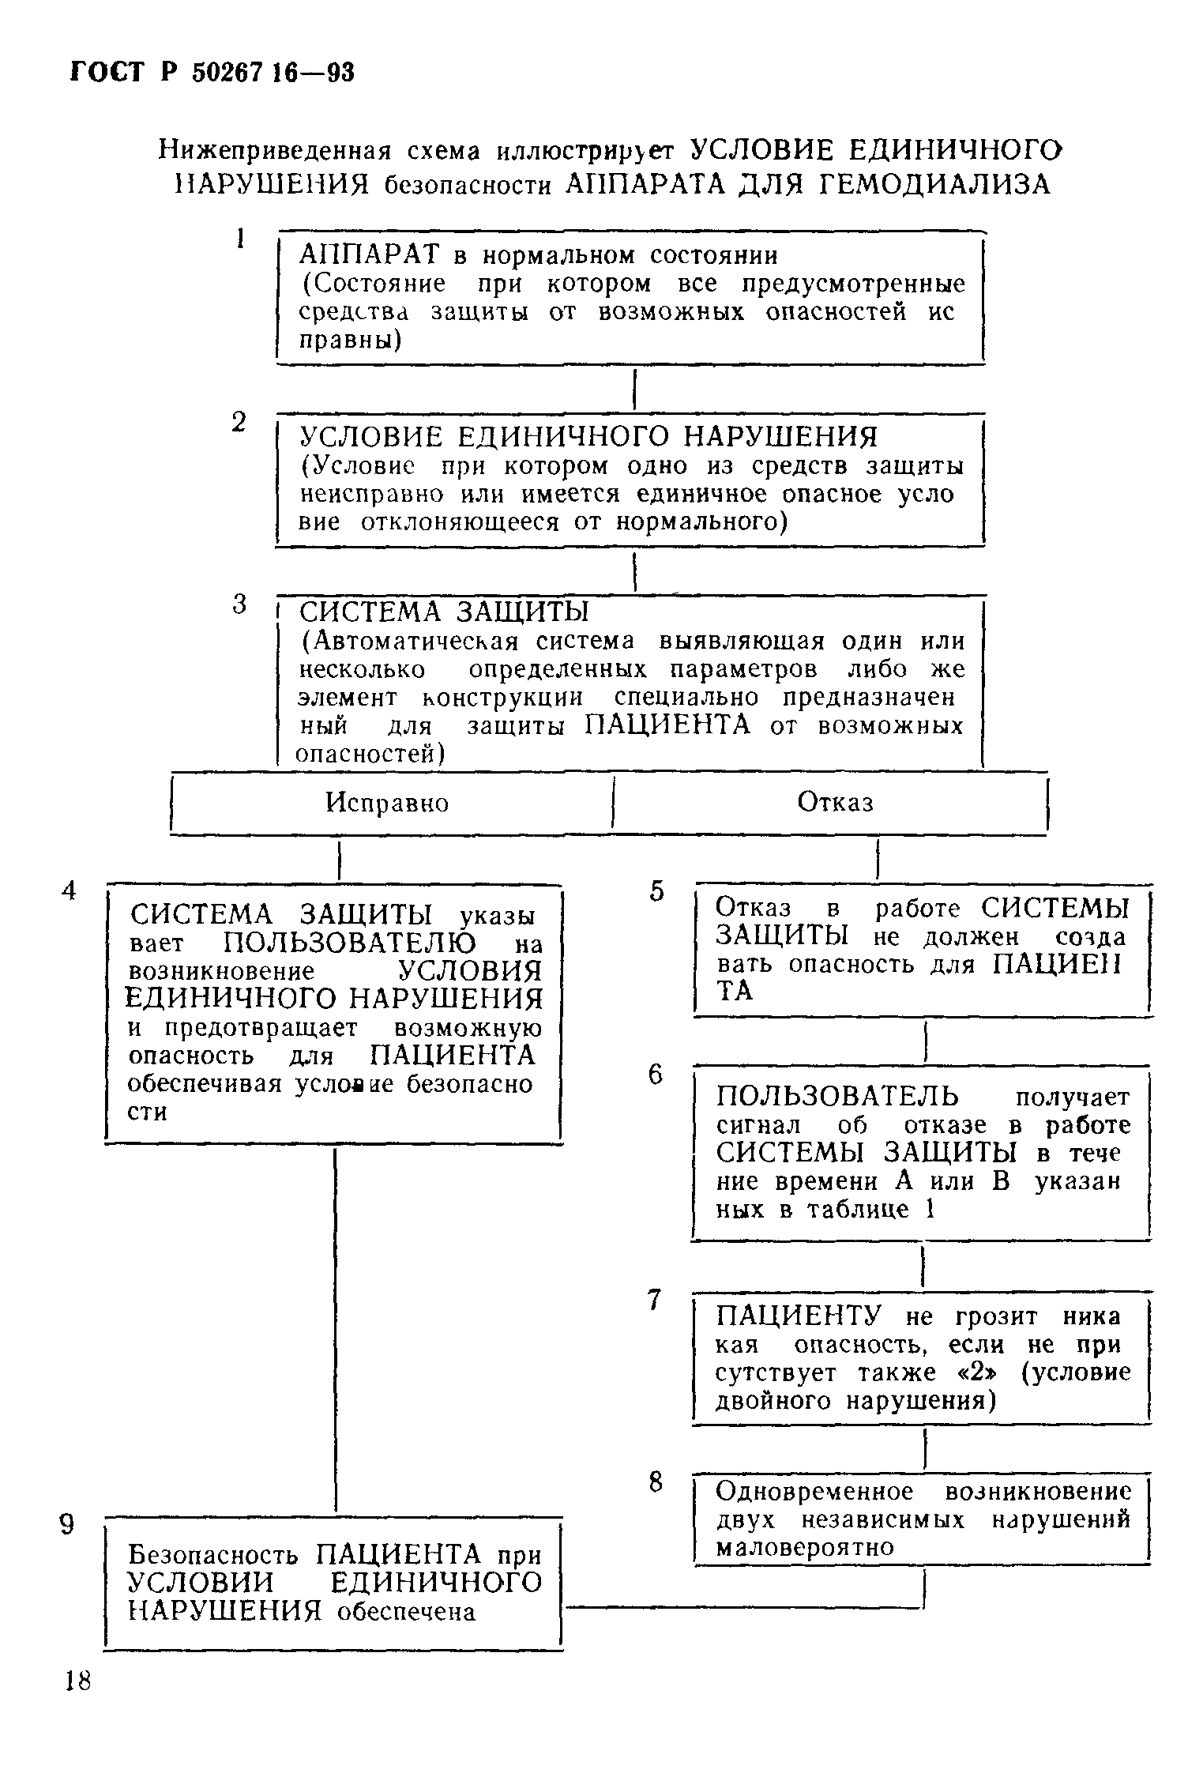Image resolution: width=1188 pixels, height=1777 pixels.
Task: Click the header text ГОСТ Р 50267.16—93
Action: pyautogui.click(x=212, y=73)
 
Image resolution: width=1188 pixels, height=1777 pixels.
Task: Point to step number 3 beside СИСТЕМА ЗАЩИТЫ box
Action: pyautogui.click(x=240, y=604)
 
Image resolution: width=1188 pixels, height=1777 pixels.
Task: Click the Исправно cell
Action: pyautogui.click(x=387, y=803)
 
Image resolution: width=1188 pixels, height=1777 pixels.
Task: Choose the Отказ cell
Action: pyautogui.click(x=835, y=802)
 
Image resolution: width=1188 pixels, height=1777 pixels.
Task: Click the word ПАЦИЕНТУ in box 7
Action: pyautogui.click(x=798, y=1316)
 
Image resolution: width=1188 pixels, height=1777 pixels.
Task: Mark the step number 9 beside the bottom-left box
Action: pyautogui.click(x=68, y=1525)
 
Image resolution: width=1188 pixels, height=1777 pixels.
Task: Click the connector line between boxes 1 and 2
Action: pyautogui.click(x=635, y=390)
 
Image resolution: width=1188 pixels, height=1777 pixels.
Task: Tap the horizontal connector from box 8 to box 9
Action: pyautogui.click(x=742, y=1607)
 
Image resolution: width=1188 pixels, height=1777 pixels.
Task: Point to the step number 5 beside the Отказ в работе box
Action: pyautogui.click(x=656, y=891)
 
